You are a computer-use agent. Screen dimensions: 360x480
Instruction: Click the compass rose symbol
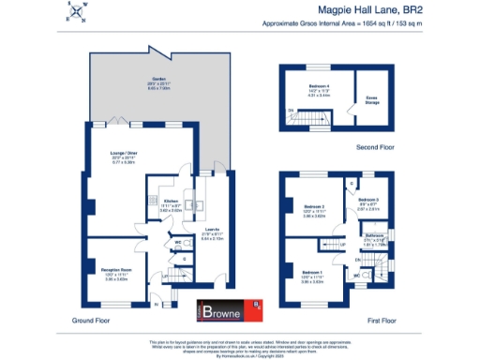[75, 11]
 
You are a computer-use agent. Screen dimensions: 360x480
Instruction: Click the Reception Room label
[115, 273]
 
